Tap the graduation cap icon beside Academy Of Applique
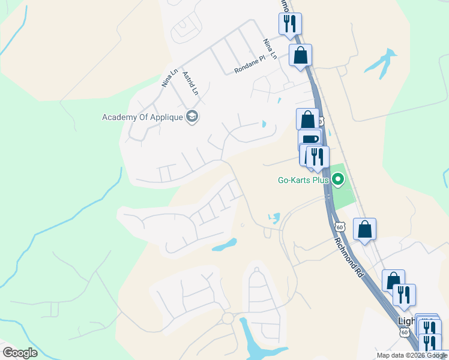pos(193,116)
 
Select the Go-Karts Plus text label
pos(303,179)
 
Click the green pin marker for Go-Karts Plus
pos(338,179)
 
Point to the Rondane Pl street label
pos(250,65)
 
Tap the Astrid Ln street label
pos(190,83)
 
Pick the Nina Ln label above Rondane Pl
pos(270,49)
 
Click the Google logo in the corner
pos(20,353)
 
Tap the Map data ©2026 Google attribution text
pos(412,355)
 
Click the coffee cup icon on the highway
pos(310,140)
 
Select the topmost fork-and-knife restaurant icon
pos(290,24)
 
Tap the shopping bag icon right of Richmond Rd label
pos(364,229)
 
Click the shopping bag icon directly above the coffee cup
pos(307,119)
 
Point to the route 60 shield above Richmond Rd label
pos(340,227)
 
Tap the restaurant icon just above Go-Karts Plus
pos(317,157)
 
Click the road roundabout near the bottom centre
pos(228,318)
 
